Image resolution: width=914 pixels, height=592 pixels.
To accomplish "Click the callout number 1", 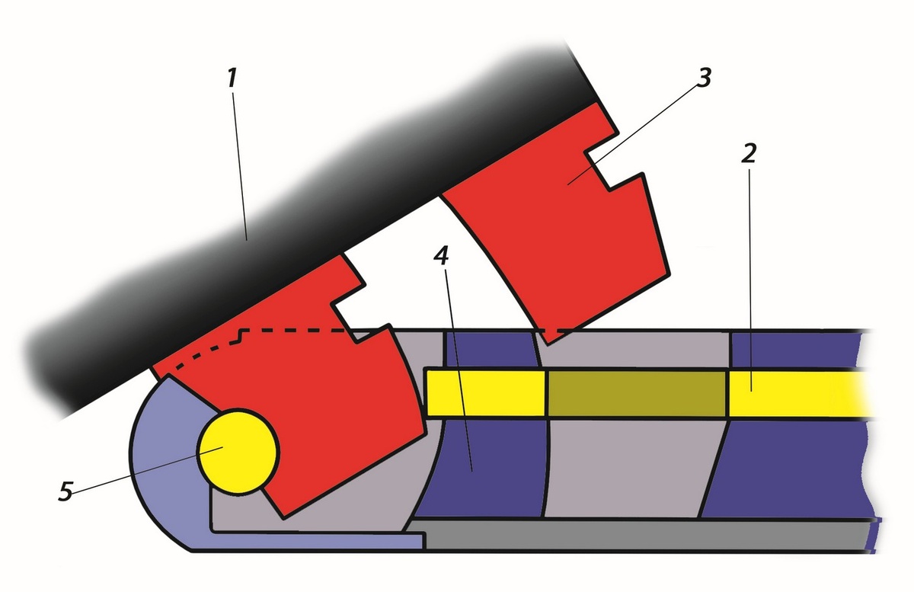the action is (232, 78).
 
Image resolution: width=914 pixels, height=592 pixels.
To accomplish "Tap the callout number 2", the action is (749, 153).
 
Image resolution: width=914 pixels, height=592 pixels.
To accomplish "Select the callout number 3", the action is (703, 77).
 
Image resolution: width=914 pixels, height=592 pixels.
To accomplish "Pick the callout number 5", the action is (66, 491).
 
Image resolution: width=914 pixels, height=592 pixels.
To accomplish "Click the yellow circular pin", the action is (238, 453).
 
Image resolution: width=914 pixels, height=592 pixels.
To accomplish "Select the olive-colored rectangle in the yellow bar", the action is (637, 393).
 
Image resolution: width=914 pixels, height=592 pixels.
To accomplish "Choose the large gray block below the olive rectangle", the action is (628, 469).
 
